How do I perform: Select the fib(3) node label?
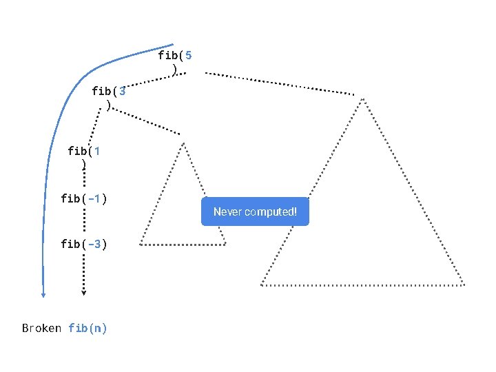tap(109, 97)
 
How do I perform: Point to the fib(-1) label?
tap(83, 199)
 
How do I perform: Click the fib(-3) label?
tap(83, 243)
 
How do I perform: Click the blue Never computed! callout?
tap(255, 211)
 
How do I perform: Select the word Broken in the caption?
tap(42, 328)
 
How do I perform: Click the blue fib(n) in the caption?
tap(87, 328)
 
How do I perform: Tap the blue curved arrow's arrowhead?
tap(43, 294)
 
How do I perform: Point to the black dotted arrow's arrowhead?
tap(83, 292)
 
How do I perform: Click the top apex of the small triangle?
tap(184, 143)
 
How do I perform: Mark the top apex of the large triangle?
tap(363, 97)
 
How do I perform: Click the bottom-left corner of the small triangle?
tap(141, 245)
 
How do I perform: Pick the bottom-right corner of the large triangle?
tap(464, 284)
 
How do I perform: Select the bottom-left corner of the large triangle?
tap(261, 284)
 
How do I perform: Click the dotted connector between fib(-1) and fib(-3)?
tap(83, 221)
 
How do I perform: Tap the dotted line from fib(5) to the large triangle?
tap(279, 83)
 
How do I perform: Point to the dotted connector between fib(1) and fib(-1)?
tap(84, 180)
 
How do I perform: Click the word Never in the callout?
tap(227, 211)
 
